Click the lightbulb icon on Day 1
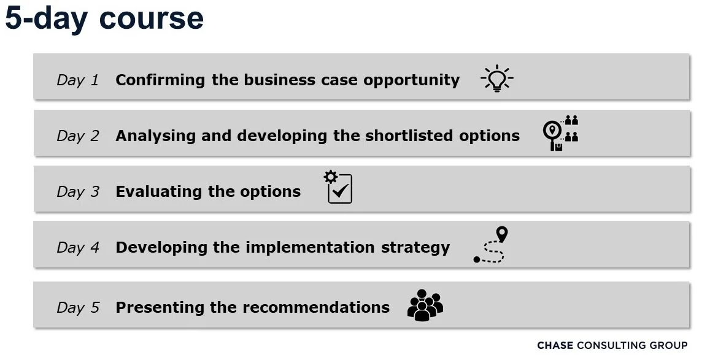[x=496, y=79]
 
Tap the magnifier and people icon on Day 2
[x=560, y=133]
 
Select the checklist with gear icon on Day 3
[x=339, y=188]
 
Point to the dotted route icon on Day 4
[x=492, y=245]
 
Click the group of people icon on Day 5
[x=425, y=305]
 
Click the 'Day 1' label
[x=77, y=80]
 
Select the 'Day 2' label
[x=77, y=136]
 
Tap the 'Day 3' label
[x=77, y=192]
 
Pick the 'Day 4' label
[x=77, y=248]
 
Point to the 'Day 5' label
[x=77, y=308]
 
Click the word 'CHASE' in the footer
[x=555, y=346]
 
